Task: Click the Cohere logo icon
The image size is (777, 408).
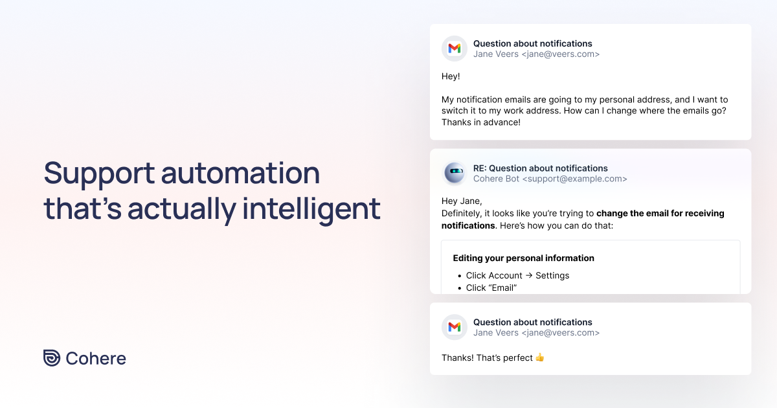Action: coord(52,358)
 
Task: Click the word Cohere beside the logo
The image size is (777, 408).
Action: coord(96,358)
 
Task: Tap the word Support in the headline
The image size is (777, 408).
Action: coord(99,174)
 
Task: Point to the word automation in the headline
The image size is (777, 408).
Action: coord(240,174)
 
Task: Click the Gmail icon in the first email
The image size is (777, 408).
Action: coord(455,49)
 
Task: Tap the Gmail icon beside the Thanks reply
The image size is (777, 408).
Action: coord(455,327)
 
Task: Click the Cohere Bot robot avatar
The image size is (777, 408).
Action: coord(455,173)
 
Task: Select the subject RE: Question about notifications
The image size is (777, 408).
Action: coord(540,168)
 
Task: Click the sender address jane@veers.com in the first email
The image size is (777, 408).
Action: coord(561,54)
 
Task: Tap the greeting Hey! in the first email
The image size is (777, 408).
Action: coord(451,76)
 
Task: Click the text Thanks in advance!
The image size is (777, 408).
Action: coord(481,122)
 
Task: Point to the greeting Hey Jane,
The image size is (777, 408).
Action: coord(462,201)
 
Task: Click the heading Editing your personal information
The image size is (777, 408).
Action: coord(523,258)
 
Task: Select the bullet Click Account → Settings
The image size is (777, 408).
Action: coord(517,275)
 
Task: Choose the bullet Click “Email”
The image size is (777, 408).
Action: coord(491,288)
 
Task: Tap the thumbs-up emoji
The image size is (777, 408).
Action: coord(540,357)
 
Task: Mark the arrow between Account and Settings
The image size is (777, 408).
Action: coord(529,275)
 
